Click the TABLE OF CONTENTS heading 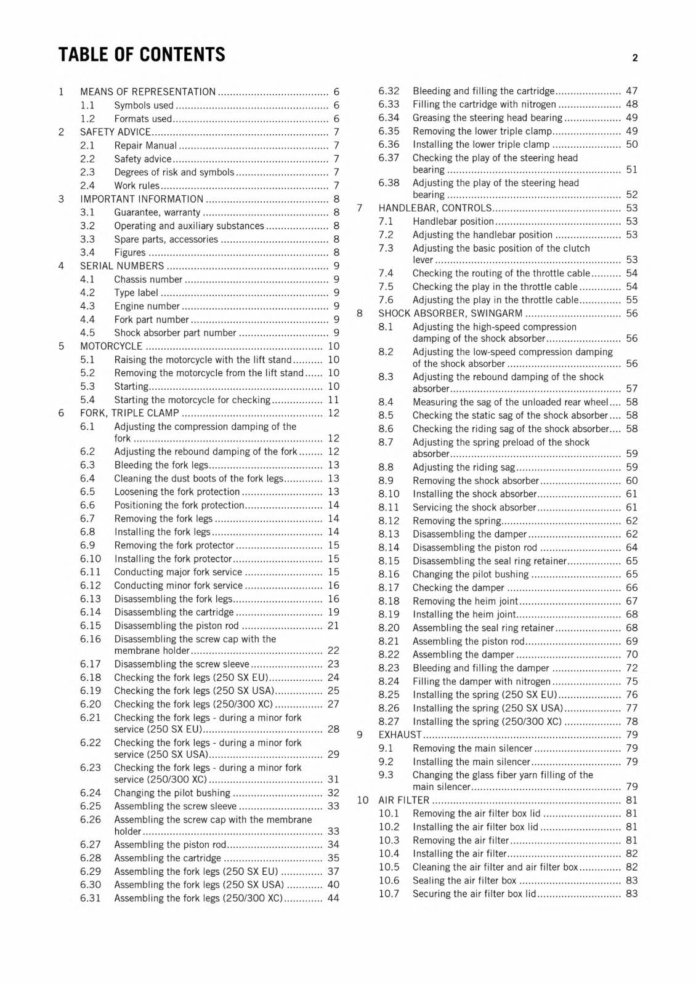tap(142, 55)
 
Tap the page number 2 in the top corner tap(634, 58)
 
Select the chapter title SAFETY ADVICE tap(115, 132)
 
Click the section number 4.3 tap(87, 306)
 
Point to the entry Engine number tap(147, 306)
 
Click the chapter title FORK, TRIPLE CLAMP tap(129, 413)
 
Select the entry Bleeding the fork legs tap(161, 465)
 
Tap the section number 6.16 tap(90, 639)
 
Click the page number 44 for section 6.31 tap(333, 898)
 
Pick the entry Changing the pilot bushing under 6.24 tap(172, 793)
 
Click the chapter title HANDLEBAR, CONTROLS tap(435, 208)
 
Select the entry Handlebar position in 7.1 tap(453, 221)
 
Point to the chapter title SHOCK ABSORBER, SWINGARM tap(450, 313)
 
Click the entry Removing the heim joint tap(465, 601)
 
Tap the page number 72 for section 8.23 tap(631, 668)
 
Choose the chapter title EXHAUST tap(400, 734)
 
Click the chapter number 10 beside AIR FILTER tap(362, 800)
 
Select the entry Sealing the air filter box tap(464, 880)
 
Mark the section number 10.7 tap(389, 894)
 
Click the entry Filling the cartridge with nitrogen tap(484, 104)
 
